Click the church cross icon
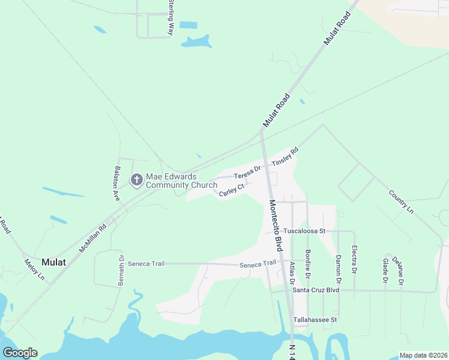pos(136,179)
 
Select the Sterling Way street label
pos(170,17)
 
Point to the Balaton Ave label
pos(118,179)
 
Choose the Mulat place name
pos(55,262)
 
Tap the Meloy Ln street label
pos(34,269)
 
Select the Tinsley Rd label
pos(285,158)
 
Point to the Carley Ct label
pos(232,190)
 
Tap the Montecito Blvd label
pos(275,225)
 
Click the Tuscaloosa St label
pos(304,230)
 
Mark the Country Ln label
pos(401,202)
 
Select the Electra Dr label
pos(354,258)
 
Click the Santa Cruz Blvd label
pos(316,290)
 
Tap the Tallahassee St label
pos(316,320)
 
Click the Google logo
pos(20,353)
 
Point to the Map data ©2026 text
pos(423,355)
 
